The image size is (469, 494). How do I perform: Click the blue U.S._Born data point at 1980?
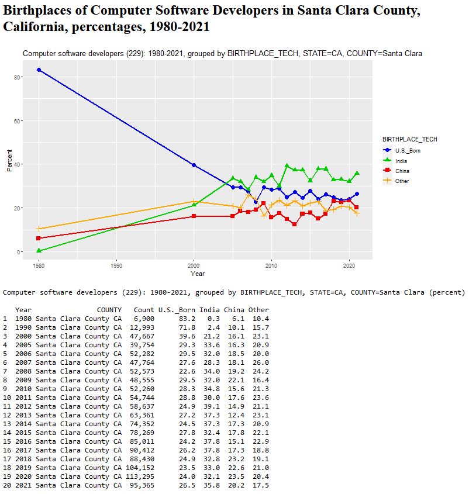tap(39, 70)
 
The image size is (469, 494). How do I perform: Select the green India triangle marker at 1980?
tap(39, 251)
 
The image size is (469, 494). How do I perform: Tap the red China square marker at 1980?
tap(39, 239)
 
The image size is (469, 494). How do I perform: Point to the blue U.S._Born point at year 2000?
tap(194, 165)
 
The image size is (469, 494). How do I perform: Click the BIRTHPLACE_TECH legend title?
tap(409, 140)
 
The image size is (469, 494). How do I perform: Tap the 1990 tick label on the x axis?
tap(116, 265)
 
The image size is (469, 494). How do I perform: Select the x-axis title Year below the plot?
tap(198, 273)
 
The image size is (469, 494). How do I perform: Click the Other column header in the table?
tap(258, 309)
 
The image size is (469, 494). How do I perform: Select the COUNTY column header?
tap(109, 309)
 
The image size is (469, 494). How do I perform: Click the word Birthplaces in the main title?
tap(43, 11)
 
